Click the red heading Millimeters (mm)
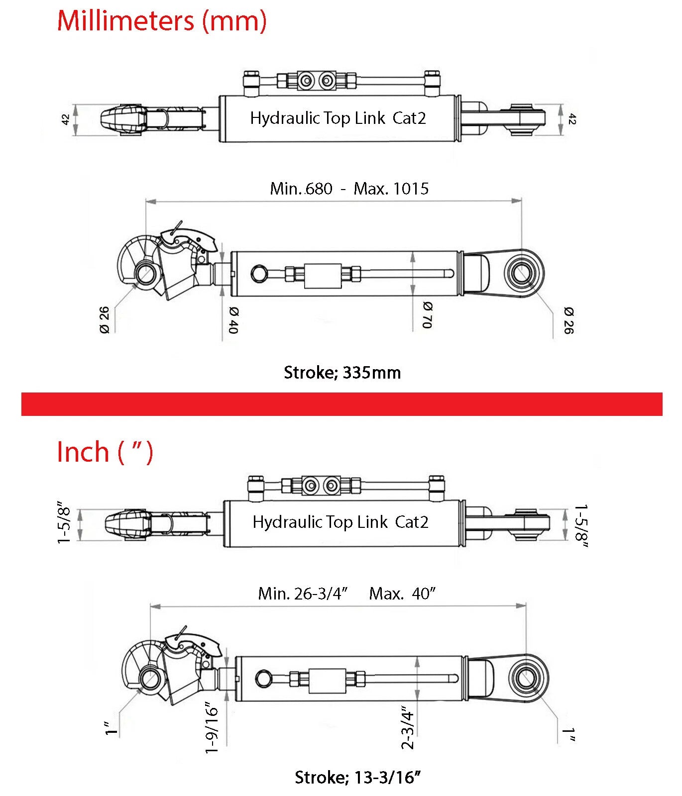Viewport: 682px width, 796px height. [x=162, y=21]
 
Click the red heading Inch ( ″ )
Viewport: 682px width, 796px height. [x=105, y=452]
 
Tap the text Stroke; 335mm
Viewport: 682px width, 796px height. [x=342, y=373]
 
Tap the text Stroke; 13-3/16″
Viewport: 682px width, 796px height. [x=357, y=777]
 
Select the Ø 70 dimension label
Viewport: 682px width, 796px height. [x=428, y=315]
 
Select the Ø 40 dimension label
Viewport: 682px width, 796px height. [x=233, y=320]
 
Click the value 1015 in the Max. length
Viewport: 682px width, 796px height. [x=411, y=189]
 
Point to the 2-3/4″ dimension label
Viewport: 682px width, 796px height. [x=408, y=727]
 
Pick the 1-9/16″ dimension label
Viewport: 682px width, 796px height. [x=212, y=728]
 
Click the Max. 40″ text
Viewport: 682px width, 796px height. [x=402, y=594]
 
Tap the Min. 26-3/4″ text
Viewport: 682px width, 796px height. [x=303, y=594]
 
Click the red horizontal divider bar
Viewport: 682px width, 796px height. [x=341, y=404]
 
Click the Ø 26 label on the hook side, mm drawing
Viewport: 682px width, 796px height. [x=104, y=320]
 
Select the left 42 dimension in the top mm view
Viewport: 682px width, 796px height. [x=65, y=119]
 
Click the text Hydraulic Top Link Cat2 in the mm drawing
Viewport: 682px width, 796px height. [x=338, y=118]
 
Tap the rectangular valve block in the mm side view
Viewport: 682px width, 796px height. [x=323, y=276]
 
